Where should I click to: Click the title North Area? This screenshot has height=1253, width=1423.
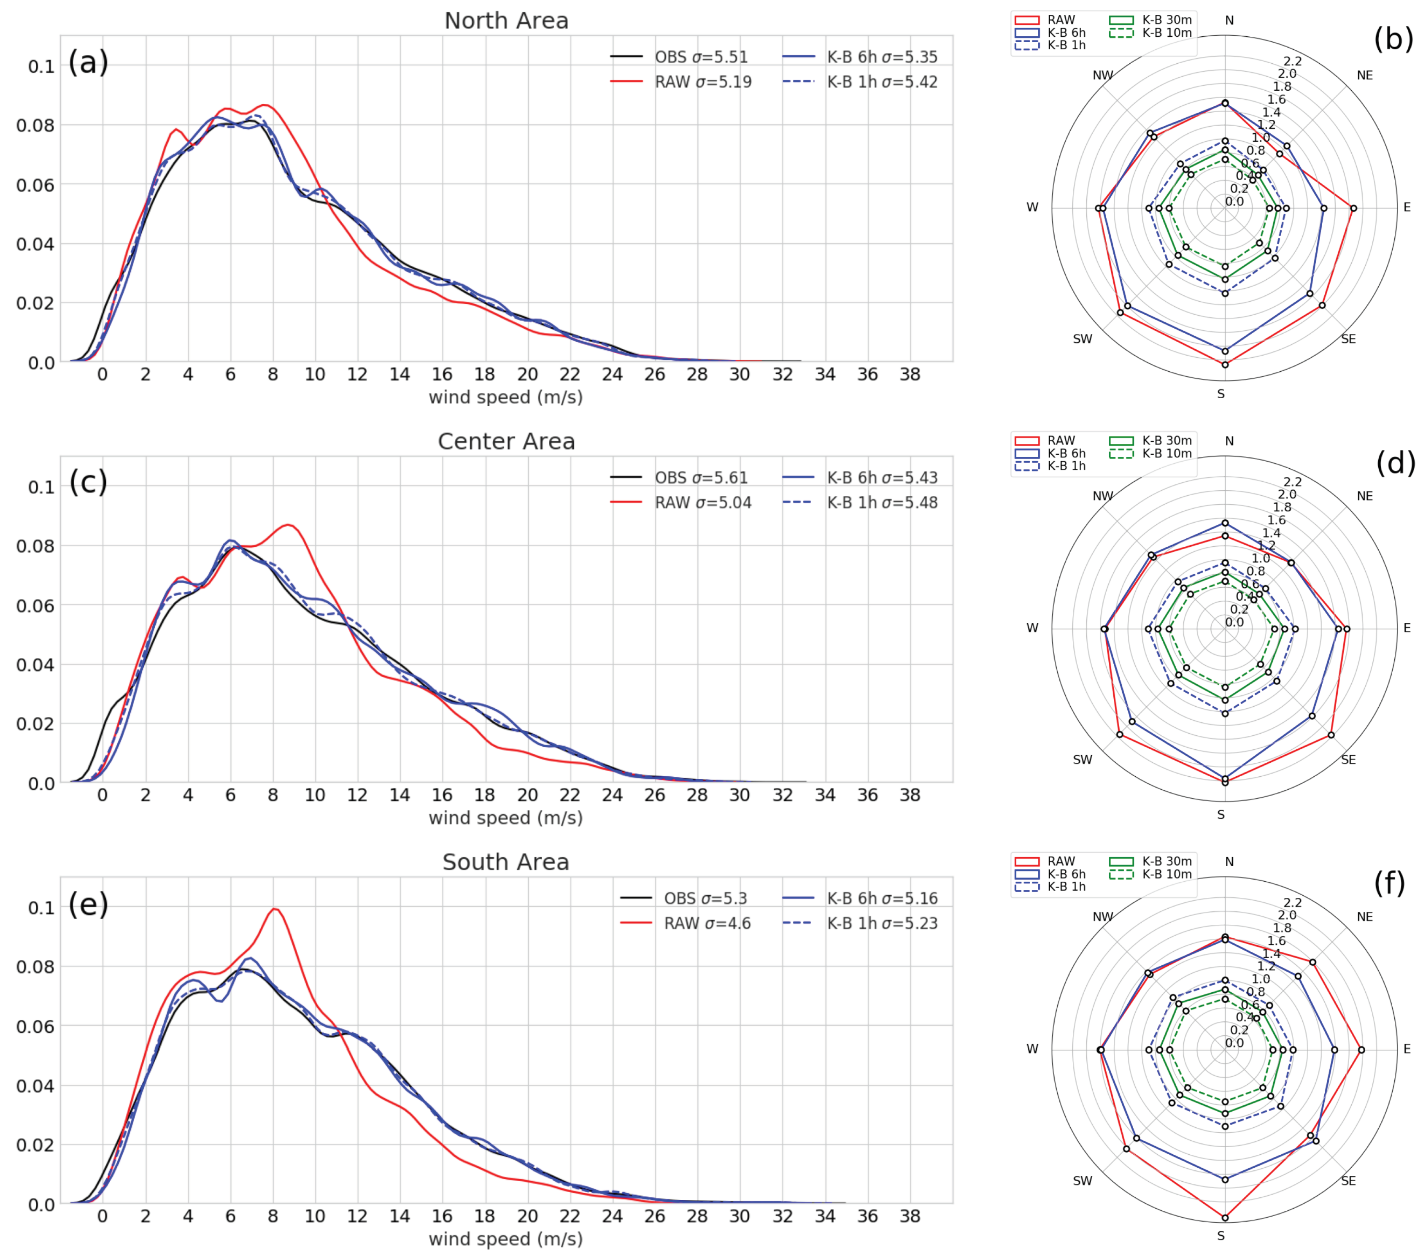(x=506, y=21)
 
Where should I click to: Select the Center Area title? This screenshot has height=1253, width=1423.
(x=506, y=441)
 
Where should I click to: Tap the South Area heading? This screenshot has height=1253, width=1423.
(x=506, y=862)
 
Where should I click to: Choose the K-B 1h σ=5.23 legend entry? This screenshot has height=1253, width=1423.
(x=881, y=923)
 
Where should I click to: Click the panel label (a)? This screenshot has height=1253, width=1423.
(x=89, y=62)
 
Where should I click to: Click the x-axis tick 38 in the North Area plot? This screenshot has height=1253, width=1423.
(x=910, y=375)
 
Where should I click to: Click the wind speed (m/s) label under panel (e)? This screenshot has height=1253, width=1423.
(x=505, y=1239)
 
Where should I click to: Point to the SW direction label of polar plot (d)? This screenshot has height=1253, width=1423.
(x=1083, y=759)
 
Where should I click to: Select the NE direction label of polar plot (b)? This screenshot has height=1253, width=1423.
(x=1364, y=75)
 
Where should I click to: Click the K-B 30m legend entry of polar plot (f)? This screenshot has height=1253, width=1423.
(x=1166, y=861)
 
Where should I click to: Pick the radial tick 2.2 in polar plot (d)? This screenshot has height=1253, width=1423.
(x=1292, y=482)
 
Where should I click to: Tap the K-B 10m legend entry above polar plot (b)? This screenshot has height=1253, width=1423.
(x=1166, y=33)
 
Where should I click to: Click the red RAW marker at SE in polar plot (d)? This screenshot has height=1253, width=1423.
(x=1331, y=735)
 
